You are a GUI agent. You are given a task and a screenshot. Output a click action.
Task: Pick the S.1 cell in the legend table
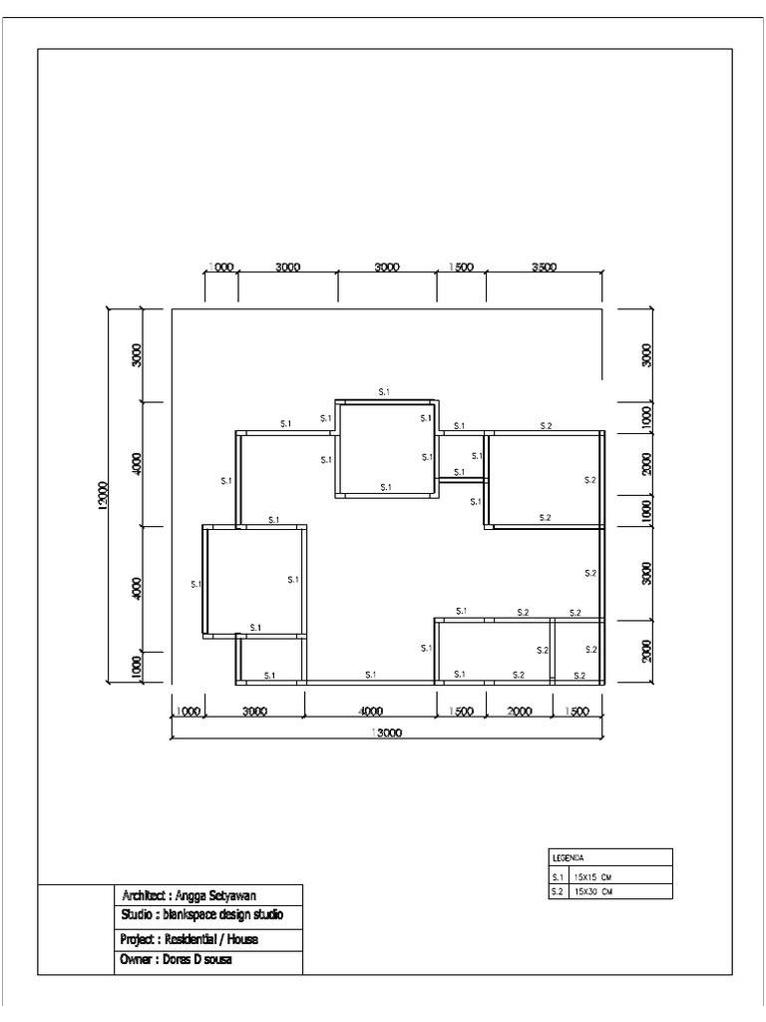(x=559, y=876)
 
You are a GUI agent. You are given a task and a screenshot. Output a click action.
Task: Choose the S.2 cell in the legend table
(x=559, y=891)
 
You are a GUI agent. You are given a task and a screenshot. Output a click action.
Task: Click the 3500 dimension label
(x=544, y=267)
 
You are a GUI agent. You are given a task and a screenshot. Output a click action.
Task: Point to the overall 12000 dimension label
(x=102, y=495)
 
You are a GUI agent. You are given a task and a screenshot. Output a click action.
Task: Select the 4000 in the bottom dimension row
(x=369, y=712)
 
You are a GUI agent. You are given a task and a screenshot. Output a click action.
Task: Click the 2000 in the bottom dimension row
(x=519, y=712)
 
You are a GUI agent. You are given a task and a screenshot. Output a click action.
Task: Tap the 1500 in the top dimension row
(x=461, y=267)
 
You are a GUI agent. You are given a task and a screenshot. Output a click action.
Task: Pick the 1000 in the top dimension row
(x=220, y=267)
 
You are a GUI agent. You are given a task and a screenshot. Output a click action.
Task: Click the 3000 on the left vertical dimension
(x=137, y=355)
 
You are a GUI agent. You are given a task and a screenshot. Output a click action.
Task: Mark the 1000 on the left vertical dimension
(x=137, y=665)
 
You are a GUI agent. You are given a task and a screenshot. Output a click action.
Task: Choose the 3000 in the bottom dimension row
(x=254, y=712)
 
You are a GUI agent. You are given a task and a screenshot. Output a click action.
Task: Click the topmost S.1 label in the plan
(x=385, y=393)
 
